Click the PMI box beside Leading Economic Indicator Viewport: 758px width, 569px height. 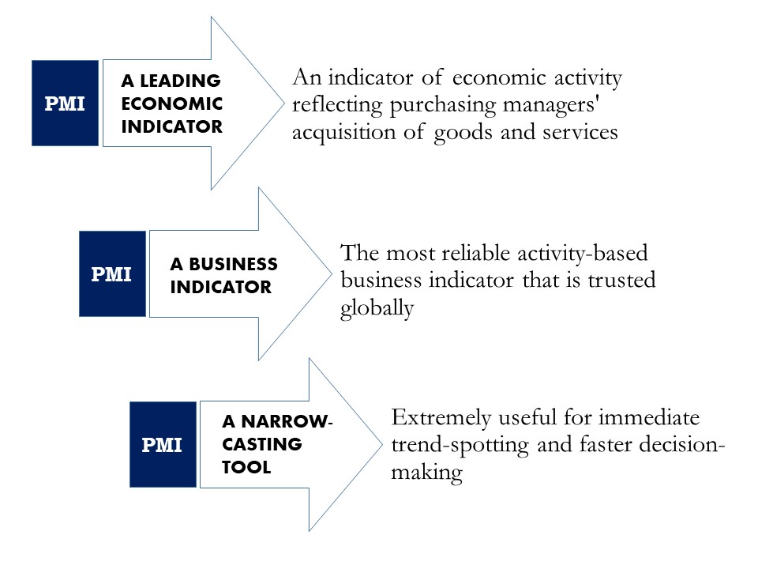[x=66, y=103]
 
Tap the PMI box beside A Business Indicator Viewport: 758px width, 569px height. [x=113, y=274]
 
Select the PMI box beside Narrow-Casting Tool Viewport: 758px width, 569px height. [x=163, y=444]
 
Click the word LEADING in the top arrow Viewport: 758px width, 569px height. [x=180, y=81]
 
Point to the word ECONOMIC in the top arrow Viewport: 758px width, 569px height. [x=172, y=104]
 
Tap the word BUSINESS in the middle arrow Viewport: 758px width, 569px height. [x=234, y=264]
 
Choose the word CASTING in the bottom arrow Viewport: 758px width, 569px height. [x=262, y=443]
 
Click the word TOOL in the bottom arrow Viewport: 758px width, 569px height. [x=246, y=467]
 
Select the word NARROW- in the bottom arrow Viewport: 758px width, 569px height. [x=287, y=421]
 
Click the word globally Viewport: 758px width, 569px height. [x=377, y=308]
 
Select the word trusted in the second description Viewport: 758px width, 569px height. [x=621, y=280]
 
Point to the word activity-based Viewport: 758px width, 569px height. [x=583, y=254]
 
